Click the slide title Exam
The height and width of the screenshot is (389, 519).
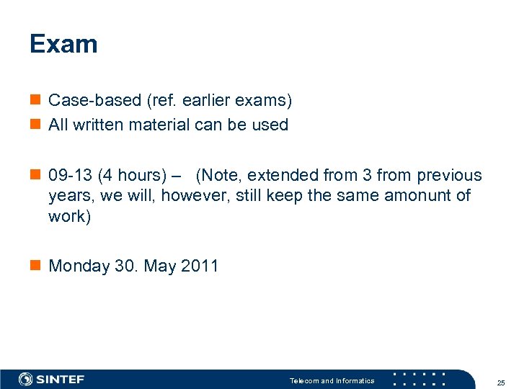point(63,45)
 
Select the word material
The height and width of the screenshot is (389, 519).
point(161,125)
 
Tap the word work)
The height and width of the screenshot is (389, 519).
point(70,216)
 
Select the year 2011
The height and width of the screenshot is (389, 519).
point(200,266)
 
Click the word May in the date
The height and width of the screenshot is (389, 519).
point(160,266)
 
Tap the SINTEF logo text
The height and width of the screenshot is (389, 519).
point(61,379)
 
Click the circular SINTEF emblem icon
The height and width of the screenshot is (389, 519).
point(25,379)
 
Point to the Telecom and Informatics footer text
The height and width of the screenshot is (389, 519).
point(332,380)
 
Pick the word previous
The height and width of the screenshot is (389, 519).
point(448,175)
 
